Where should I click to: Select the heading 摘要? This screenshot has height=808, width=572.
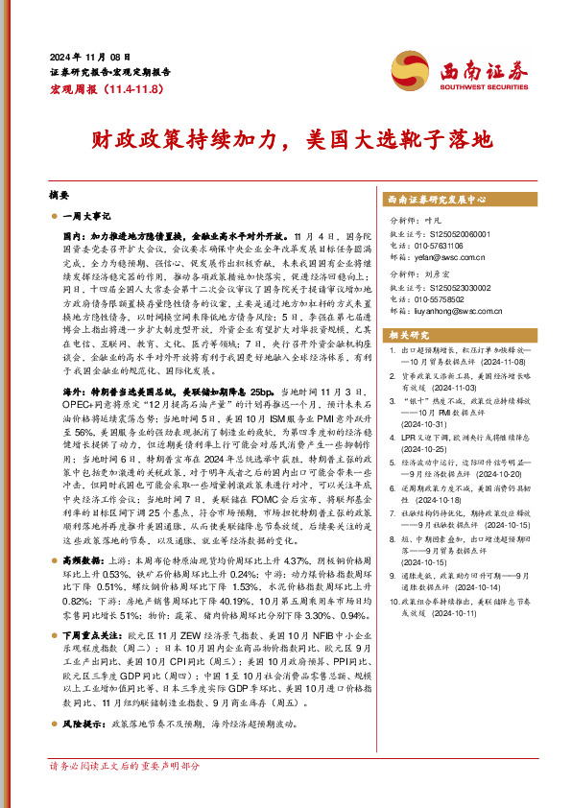[x=59, y=192]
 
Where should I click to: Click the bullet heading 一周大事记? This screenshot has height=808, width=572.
[x=88, y=216]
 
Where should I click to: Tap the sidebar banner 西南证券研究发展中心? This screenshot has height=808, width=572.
[x=438, y=201]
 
